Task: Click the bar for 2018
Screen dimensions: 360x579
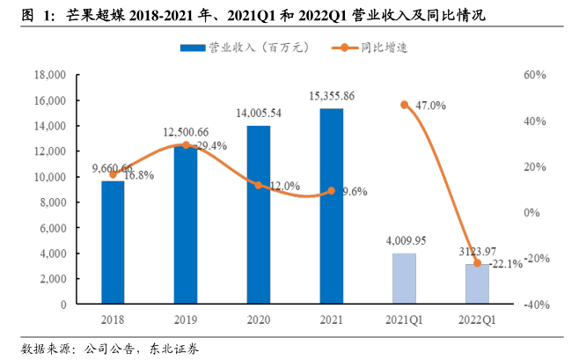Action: [113, 242]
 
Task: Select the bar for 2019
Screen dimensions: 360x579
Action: [185, 224]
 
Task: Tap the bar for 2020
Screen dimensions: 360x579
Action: [258, 215]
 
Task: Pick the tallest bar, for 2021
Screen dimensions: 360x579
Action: [331, 206]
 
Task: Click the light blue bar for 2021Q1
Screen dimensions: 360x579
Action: [404, 278]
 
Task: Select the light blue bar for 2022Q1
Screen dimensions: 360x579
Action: [477, 283]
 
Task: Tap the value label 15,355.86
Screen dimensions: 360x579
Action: [332, 96]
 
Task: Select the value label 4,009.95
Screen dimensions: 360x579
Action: [404, 240]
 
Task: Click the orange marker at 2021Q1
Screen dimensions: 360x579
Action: [404, 105]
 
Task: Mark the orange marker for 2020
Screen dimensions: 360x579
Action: [258, 185]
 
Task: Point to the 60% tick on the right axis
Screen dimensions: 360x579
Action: [534, 76]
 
